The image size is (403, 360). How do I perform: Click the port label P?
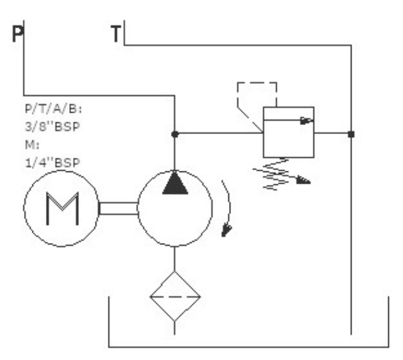tap(18, 34)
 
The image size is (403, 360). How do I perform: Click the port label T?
tap(116, 34)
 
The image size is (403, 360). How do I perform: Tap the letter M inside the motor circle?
tap(62, 209)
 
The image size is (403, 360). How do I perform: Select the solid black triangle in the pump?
tap(175, 183)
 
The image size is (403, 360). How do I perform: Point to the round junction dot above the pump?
tap(175, 134)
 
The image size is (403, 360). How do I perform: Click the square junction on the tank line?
tap(351, 134)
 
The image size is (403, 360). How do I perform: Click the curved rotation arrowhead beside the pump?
tap(226, 230)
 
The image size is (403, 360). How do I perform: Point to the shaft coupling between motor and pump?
tap(118, 208)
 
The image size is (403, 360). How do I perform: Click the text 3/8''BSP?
tap(53, 127)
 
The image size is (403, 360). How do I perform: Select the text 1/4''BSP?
tap(53, 163)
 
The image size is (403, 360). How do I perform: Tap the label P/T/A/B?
tap(53, 109)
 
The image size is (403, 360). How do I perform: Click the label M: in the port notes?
tap(32, 144)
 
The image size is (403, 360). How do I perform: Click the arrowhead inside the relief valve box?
tap(306, 120)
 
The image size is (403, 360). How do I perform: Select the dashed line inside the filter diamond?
tap(175, 296)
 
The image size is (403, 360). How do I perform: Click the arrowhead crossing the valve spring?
tap(303, 180)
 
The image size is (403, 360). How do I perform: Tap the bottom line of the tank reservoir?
tap(249, 347)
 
